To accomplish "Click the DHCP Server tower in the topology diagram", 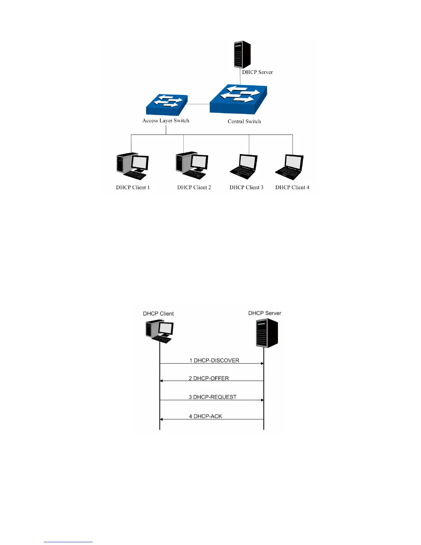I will click(242, 55).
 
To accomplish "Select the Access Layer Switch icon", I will click(166, 105).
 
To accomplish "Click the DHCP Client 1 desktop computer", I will click(132, 166).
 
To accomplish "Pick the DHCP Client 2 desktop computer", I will click(192, 165).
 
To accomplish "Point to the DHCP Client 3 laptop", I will click(244, 167).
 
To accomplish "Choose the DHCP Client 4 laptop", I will click(289, 167).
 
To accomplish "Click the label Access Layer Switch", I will click(166, 121).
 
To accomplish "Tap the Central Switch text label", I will click(244, 121).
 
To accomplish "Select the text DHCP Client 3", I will click(246, 188).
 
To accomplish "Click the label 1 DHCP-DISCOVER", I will click(214, 360).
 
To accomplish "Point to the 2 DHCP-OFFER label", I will click(209, 378).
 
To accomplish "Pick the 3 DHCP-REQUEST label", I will click(213, 397).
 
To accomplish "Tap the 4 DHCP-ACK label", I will click(205, 416).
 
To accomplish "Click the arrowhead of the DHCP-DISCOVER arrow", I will click(262, 363).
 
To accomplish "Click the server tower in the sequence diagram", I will click(267, 333).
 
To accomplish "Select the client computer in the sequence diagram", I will click(160, 331).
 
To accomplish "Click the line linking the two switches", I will click(198, 104).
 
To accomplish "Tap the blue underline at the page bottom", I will click(68, 542).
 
